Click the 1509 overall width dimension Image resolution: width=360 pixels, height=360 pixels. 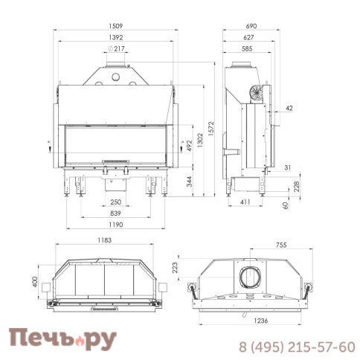(x=116, y=26)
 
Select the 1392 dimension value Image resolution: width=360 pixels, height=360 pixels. (x=116, y=37)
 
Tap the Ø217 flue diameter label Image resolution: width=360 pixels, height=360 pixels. (x=116, y=48)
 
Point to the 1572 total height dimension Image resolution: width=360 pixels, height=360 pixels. (x=210, y=129)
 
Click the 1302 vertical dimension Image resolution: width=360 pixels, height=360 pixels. (x=200, y=141)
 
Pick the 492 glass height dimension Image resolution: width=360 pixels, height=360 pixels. (x=189, y=146)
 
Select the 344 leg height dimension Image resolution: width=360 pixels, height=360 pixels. (x=189, y=181)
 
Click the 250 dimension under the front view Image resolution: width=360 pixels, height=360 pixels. (x=116, y=202)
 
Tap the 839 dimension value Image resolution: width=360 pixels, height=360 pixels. (x=115, y=213)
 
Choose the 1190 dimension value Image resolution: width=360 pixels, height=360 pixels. (x=116, y=225)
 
